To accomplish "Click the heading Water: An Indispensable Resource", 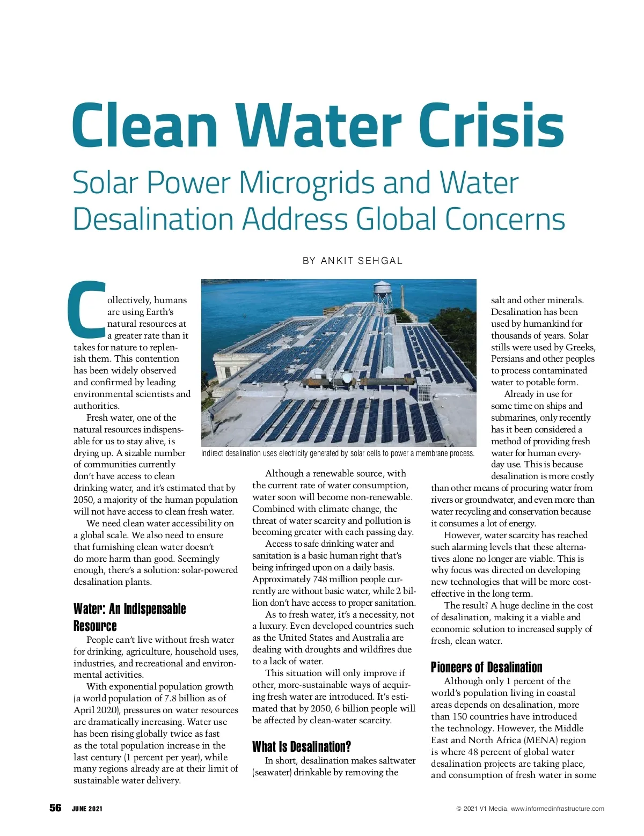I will (x=129, y=617).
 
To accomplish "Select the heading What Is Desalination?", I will (x=302, y=746).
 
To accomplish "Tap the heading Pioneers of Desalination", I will (x=486, y=667).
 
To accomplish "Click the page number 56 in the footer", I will (x=56, y=808).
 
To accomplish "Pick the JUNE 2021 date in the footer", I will (x=87, y=809).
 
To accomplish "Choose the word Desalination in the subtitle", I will (x=153, y=219).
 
